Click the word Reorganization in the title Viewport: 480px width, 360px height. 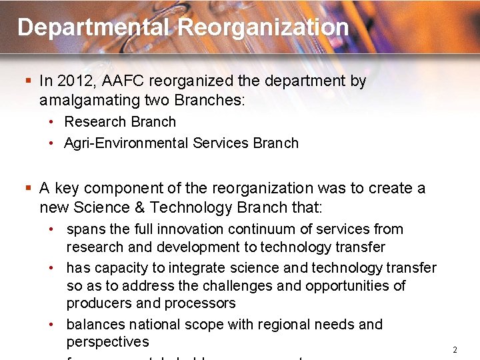pyautogui.click(x=263, y=27)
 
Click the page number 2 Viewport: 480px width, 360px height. pyautogui.click(x=455, y=350)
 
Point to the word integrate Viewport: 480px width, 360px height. pyautogui.click(x=196, y=268)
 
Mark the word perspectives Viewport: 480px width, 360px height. pyautogui.click(x=107, y=342)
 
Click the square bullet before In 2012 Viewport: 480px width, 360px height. pyautogui.click(x=28, y=81)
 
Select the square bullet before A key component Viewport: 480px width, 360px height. pyautogui.click(x=28, y=189)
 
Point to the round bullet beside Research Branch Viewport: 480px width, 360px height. pyautogui.click(x=51, y=123)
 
